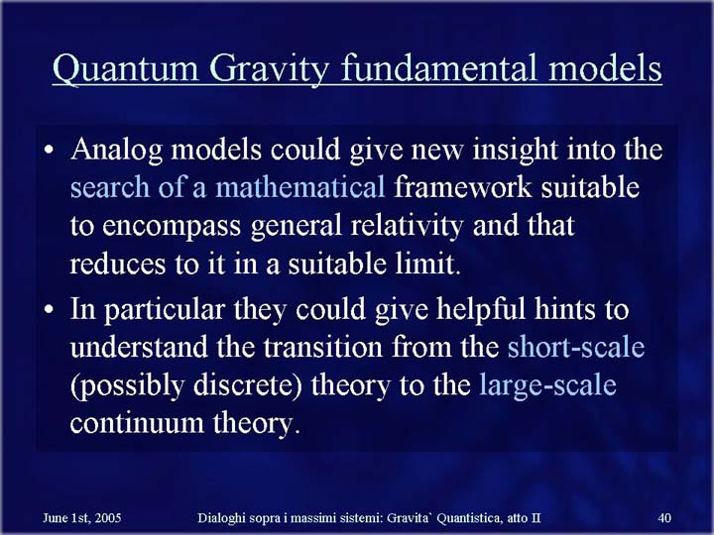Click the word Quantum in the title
(x=126, y=68)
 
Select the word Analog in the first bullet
(x=117, y=151)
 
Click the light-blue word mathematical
(x=300, y=188)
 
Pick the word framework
(x=463, y=188)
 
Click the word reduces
(x=117, y=265)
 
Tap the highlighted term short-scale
(x=576, y=347)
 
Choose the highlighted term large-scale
(x=547, y=385)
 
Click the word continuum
(x=137, y=424)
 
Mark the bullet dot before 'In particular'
(x=49, y=309)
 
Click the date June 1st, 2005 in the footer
(x=82, y=518)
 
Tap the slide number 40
(x=664, y=518)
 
